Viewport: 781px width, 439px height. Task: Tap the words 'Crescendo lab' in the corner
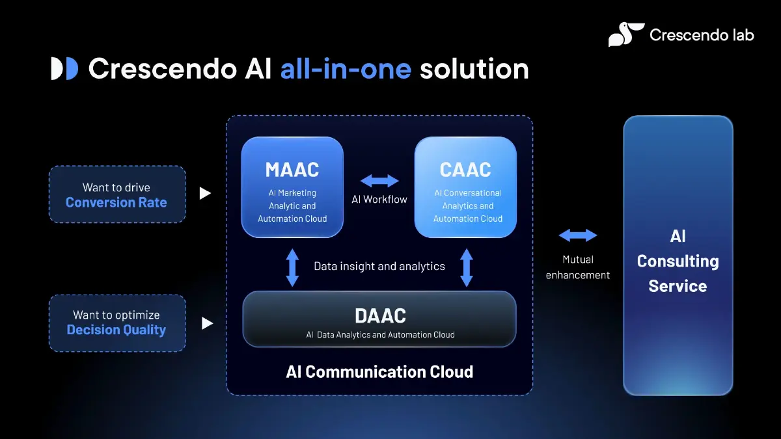[x=702, y=34]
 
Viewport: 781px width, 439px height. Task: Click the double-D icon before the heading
[x=64, y=69]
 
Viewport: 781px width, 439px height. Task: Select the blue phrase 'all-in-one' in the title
[x=346, y=69]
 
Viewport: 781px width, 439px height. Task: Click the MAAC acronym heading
[x=292, y=170]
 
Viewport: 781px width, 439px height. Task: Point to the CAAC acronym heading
[x=465, y=170]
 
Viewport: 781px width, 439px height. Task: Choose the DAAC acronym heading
[x=380, y=316]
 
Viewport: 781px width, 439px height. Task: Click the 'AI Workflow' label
[x=379, y=200]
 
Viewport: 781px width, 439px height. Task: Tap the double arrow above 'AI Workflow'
[x=379, y=181]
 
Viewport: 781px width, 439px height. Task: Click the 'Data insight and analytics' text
[x=379, y=266]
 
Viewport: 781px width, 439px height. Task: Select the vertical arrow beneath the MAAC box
[x=292, y=267]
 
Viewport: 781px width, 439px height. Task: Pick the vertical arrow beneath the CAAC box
[x=466, y=267]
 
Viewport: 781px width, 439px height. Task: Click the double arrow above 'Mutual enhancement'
[x=577, y=235]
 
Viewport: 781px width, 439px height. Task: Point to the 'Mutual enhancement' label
[x=577, y=267]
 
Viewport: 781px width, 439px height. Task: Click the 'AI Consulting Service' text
[x=678, y=261]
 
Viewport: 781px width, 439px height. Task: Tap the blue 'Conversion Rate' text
[x=116, y=202]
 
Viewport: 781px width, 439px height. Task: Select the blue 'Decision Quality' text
[x=116, y=330]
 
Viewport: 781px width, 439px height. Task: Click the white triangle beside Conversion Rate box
[x=205, y=193]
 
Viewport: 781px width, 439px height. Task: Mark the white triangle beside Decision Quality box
[x=207, y=323]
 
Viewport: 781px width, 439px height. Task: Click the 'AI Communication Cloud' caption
[x=379, y=372]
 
